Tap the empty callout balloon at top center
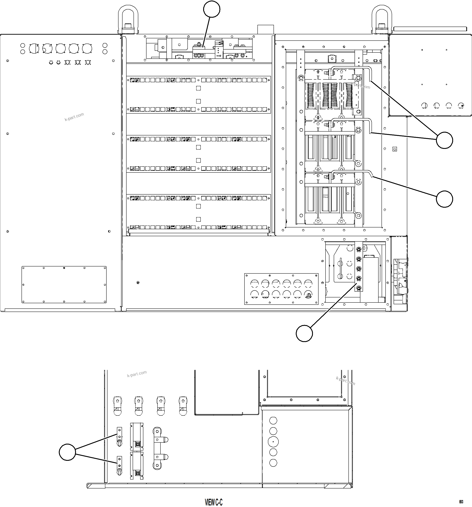click(x=212, y=9)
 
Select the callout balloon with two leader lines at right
click(x=444, y=140)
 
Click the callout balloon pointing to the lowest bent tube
click(x=444, y=199)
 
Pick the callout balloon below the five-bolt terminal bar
click(x=304, y=333)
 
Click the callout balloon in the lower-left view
click(x=67, y=452)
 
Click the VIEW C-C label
click(x=214, y=502)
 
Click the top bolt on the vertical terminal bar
click(x=358, y=248)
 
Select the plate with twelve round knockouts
click(x=281, y=289)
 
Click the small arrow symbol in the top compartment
click(x=219, y=56)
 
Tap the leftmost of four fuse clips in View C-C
click(x=117, y=406)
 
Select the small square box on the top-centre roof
click(x=266, y=29)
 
